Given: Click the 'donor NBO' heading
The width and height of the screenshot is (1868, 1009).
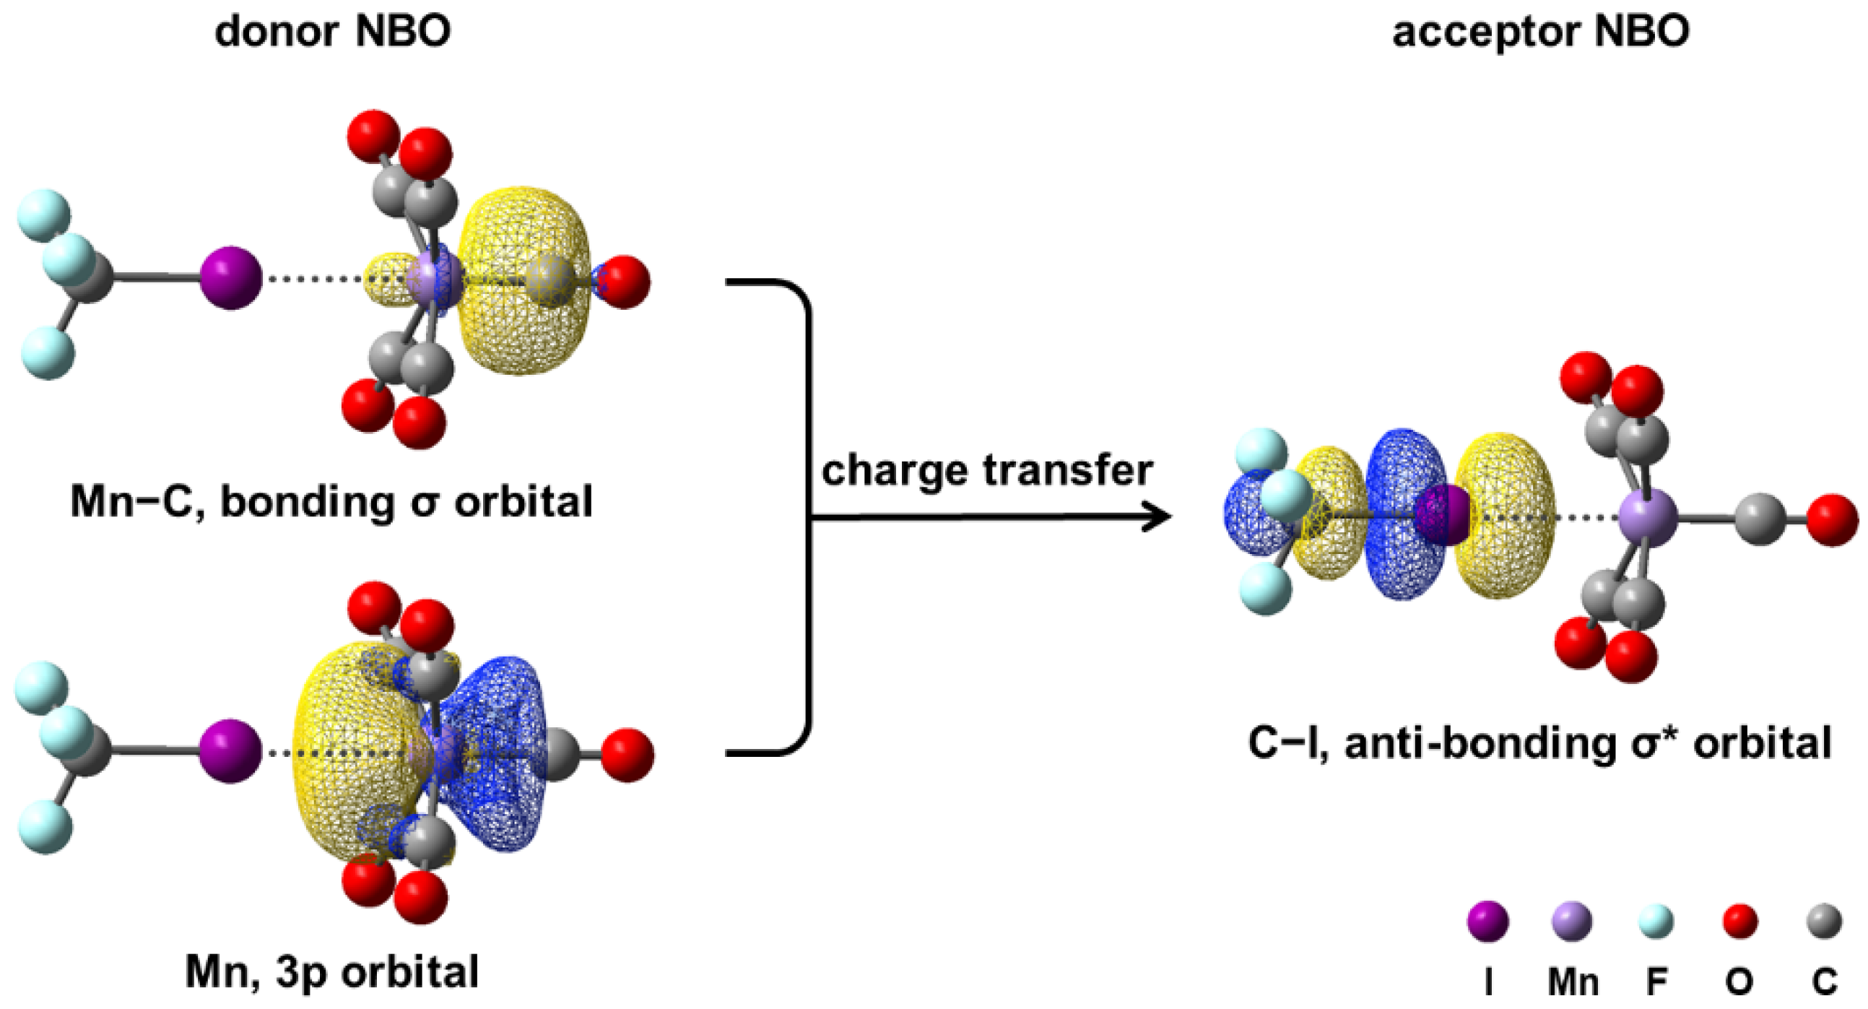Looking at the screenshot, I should (333, 32).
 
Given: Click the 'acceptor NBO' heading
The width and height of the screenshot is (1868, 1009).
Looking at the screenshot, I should (1541, 32).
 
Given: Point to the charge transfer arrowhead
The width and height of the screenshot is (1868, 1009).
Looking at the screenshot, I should (1158, 517).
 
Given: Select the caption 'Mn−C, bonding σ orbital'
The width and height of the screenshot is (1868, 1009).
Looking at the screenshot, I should (331, 501).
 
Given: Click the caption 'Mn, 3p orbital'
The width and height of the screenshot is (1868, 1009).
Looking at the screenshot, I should (332, 972).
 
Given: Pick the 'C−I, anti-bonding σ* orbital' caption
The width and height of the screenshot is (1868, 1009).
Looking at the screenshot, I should (1539, 742).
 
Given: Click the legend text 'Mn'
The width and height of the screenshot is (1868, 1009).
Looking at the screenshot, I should (1573, 982).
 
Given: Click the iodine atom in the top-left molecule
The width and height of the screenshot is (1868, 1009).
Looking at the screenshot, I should (230, 278).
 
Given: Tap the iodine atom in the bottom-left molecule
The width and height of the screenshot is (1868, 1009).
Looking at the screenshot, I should (230, 751).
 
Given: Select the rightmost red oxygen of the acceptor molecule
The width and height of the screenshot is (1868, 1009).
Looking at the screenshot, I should (1832, 519).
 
